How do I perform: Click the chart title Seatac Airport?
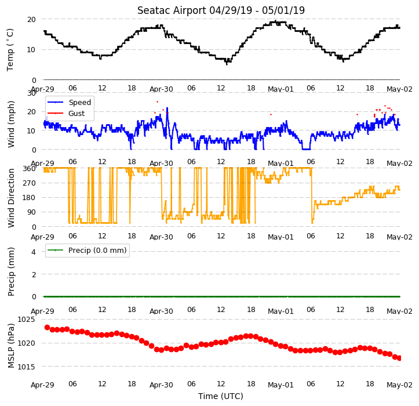(172, 10)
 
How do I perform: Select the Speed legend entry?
(69, 102)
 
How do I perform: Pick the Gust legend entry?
(65, 114)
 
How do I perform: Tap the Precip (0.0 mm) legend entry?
(86, 251)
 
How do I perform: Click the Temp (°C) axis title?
(10, 50)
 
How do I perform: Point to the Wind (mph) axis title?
(11, 124)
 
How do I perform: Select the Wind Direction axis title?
(11, 198)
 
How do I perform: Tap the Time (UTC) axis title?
(221, 396)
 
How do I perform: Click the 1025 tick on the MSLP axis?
(26, 320)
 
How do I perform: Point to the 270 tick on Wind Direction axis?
(30, 183)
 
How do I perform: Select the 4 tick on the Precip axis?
(34, 252)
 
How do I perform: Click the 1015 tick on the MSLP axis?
(26, 367)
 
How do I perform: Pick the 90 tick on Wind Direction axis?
(32, 212)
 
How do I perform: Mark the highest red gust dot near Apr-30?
(158, 101)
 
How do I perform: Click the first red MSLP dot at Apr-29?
(48, 327)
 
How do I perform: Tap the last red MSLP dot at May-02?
(399, 358)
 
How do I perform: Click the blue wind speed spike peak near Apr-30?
(167, 108)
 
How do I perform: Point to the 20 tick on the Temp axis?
(31, 20)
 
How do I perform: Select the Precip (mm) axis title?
(11, 272)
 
